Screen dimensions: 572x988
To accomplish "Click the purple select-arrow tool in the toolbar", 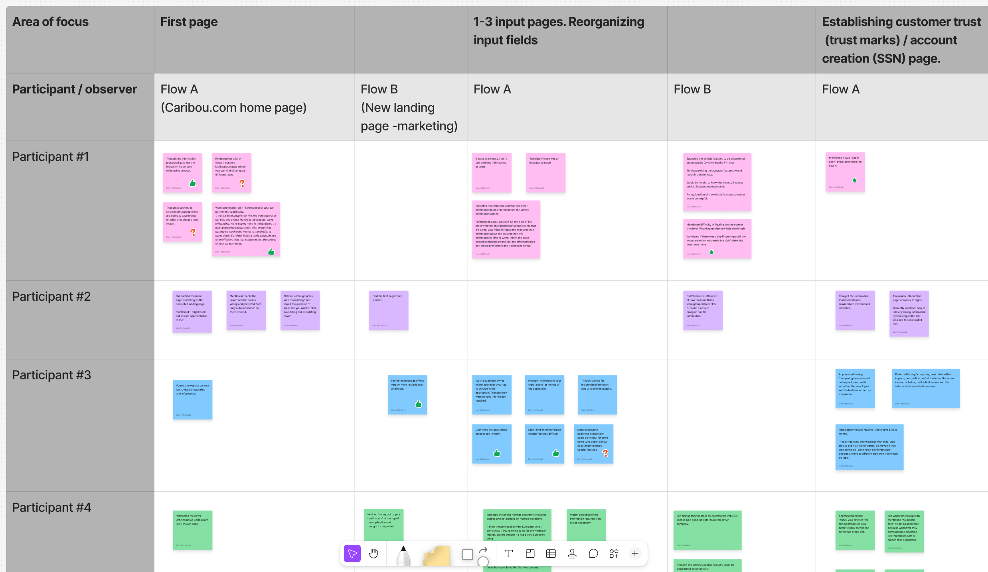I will click(352, 553).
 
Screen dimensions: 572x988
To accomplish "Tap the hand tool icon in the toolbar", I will click(373, 553).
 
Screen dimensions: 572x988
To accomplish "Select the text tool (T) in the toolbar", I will click(508, 553).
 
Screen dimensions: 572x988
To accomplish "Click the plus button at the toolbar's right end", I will click(635, 553).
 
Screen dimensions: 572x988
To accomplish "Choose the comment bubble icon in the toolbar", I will click(593, 553).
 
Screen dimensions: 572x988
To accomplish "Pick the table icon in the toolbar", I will click(551, 553).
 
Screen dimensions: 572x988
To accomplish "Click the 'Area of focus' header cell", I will click(51, 22).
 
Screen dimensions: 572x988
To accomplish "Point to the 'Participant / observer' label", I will click(75, 89).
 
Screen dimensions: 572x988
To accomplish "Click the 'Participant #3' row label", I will click(52, 375).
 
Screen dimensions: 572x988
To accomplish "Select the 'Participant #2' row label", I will click(51, 297).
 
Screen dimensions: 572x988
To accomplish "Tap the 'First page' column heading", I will click(189, 22).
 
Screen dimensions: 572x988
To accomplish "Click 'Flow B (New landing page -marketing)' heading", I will click(409, 108).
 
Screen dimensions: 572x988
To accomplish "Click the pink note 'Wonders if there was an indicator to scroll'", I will click(545, 173).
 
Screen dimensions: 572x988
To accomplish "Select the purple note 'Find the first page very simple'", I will click(389, 310).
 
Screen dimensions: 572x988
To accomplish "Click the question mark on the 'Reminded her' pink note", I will click(242, 183).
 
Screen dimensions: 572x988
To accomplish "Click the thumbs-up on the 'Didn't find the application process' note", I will click(497, 453).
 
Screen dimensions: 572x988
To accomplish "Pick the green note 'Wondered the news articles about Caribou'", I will click(193, 530).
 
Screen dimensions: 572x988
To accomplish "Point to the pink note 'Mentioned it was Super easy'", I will click(845, 172).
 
